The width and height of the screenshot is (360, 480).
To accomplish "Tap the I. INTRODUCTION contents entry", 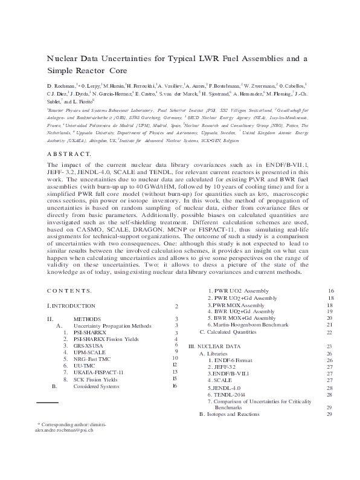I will (x=71, y=307).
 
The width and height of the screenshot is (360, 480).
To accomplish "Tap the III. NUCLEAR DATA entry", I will (x=214, y=346).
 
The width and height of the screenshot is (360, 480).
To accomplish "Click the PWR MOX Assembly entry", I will (x=236, y=305).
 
